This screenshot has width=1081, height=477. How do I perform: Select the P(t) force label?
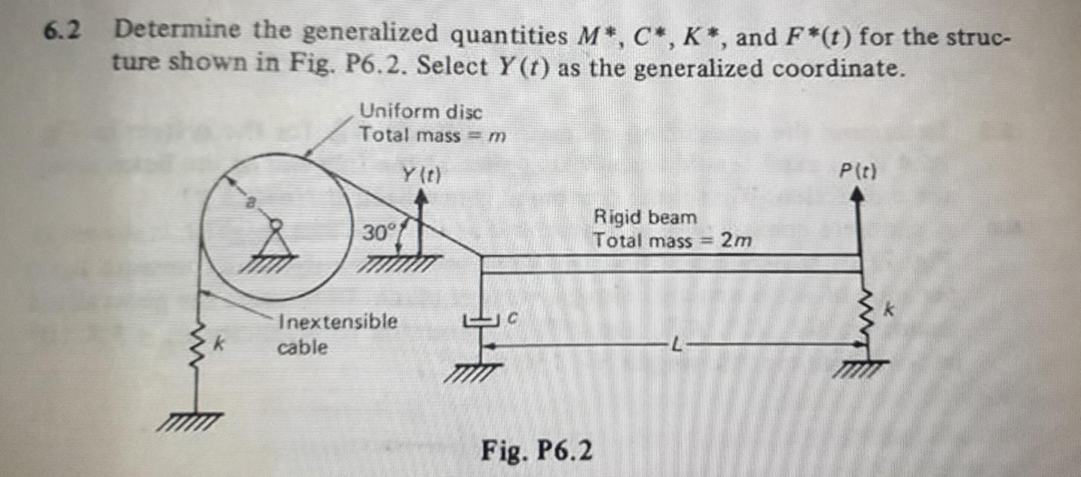[858, 171]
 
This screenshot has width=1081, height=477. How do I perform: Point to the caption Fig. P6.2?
[537, 451]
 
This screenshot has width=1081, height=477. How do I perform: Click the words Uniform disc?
[421, 112]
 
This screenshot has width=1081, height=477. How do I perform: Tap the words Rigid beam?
[645, 217]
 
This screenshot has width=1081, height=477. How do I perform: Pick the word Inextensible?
[338, 322]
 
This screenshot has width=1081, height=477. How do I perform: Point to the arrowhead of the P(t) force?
[857, 194]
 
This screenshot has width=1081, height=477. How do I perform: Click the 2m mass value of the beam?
[736, 241]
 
